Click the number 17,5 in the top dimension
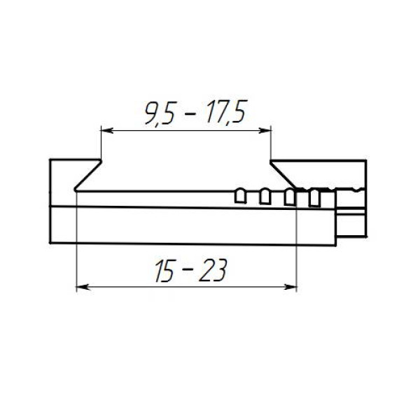point(226,113)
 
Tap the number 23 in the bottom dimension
point(213,270)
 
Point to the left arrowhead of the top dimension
point(107,130)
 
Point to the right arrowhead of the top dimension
point(265,130)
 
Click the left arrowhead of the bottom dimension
point(83,287)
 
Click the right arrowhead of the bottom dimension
point(290,287)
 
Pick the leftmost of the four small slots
point(240,196)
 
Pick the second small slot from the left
point(265,196)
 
